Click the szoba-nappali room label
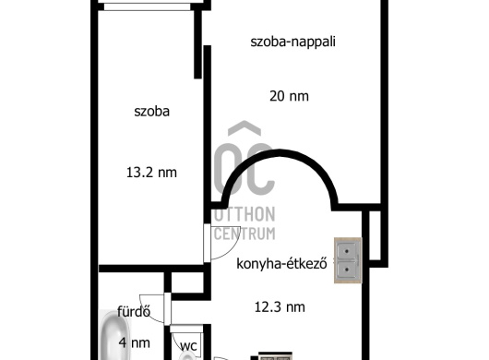[293, 42]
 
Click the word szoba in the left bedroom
[151, 112]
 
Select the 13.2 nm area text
[151, 172]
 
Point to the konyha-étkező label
[282, 263]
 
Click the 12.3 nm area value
[280, 307]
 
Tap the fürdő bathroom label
[133, 310]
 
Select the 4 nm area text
[135, 343]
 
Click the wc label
[188, 346]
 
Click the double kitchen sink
[348, 259]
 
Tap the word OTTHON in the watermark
[244, 214]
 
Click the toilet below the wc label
[189, 356]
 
